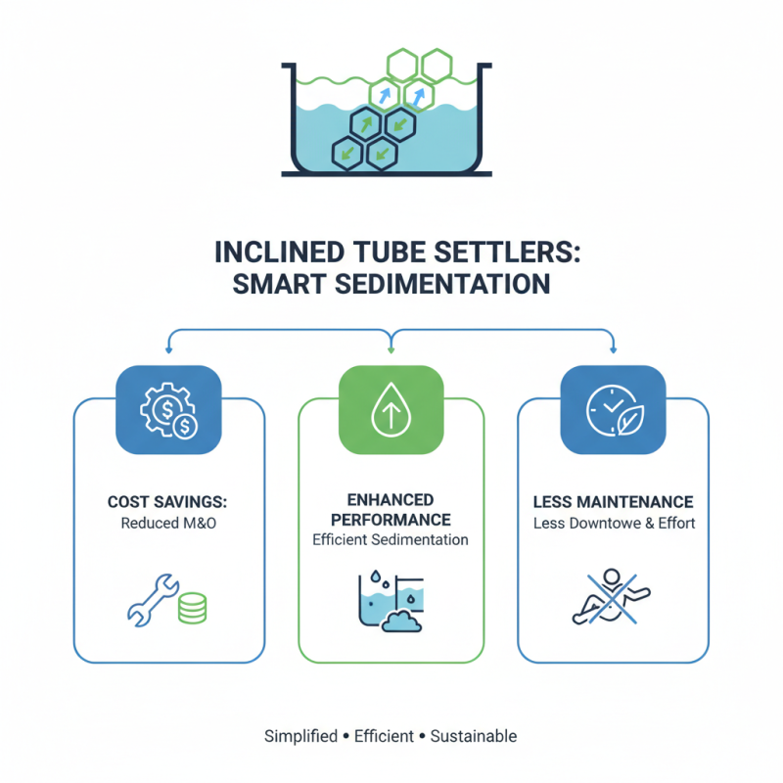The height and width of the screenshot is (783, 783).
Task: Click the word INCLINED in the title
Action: (279, 253)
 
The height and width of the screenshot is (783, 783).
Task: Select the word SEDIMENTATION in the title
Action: (442, 284)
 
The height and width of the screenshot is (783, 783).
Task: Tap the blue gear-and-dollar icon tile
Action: (168, 409)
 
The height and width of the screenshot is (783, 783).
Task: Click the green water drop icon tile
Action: (391, 409)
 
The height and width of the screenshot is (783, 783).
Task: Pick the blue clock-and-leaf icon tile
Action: (614, 409)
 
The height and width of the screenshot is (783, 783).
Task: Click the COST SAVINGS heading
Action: (167, 502)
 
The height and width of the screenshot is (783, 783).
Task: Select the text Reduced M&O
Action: (168, 524)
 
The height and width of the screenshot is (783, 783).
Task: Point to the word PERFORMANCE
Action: (391, 520)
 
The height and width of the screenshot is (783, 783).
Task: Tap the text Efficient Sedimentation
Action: (391, 540)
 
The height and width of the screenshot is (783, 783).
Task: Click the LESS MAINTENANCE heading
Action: (614, 502)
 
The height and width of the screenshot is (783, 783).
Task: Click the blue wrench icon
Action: (153, 600)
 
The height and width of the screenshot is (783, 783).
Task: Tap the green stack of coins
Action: (192, 608)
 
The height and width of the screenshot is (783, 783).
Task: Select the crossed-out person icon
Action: (611, 597)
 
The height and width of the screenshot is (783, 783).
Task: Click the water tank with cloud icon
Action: (391, 602)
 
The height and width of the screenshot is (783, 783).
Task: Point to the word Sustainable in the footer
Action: (474, 736)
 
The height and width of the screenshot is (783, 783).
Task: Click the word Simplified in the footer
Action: (301, 736)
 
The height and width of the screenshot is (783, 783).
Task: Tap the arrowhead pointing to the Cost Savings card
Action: (168, 349)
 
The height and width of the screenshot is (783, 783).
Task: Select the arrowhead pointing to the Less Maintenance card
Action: (614, 349)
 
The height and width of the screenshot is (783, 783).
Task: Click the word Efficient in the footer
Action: (384, 736)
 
